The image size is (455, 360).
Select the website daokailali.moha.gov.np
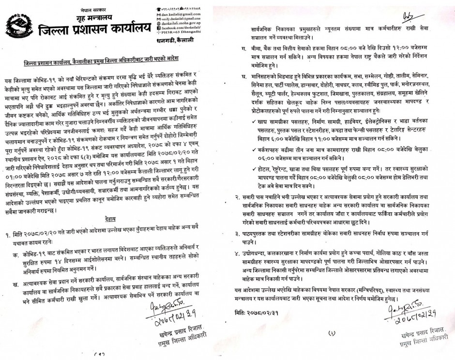(184, 23)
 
